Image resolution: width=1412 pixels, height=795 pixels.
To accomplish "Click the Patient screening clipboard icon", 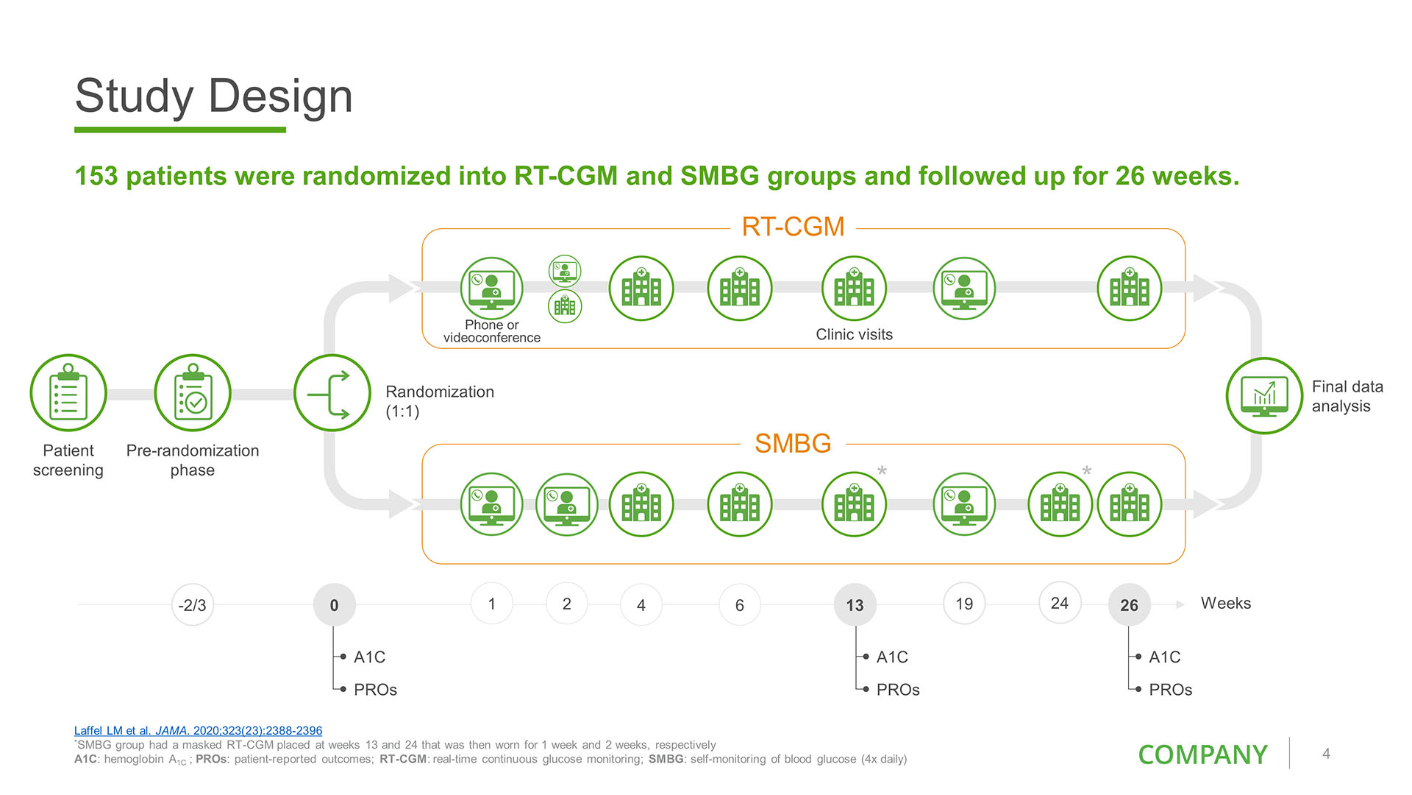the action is tap(68, 393).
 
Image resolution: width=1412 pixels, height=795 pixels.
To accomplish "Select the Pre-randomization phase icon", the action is tap(193, 393).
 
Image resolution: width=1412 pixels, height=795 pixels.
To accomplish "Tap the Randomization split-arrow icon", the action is tap(332, 393).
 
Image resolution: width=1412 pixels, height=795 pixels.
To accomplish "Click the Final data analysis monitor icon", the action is tap(1264, 395).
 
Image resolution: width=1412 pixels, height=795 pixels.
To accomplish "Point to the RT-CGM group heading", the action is tap(793, 227).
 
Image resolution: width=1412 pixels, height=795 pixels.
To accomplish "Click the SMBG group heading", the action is tap(793, 443).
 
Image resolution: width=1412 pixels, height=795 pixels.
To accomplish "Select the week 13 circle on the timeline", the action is tap(855, 605).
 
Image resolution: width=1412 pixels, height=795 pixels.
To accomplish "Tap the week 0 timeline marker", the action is tap(334, 605).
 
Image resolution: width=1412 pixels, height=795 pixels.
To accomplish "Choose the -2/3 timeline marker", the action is tap(193, 605).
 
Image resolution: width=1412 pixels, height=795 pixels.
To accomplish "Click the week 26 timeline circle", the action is tap(1129, 605).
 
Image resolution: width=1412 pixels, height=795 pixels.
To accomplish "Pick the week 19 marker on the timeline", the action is tap(964, 604).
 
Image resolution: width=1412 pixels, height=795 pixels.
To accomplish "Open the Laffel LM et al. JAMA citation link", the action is tap(198, 731).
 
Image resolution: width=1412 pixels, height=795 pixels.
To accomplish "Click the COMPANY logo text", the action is tap(1202, 755).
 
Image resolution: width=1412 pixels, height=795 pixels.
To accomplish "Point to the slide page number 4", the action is tap(1326, 754).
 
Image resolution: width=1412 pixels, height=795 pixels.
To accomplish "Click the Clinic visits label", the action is tap(854, 334).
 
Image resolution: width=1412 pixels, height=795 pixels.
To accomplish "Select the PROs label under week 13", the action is tap(898, 690).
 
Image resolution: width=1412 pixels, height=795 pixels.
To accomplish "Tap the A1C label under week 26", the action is tap(1165, 657).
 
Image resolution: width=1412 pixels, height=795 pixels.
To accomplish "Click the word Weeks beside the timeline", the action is tap(1225, 603).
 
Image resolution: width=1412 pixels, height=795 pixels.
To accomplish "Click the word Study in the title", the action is tap(134, 96).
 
